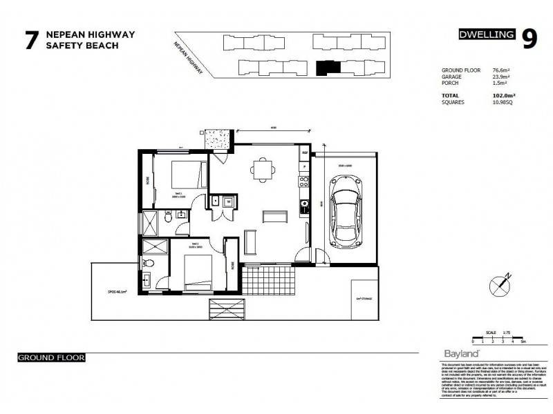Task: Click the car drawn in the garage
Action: [x=345, y=211]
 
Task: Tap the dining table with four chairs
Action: [x=263, y=168]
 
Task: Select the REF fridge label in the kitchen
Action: [x=303, y=153]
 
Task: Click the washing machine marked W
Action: [x=228, y=201]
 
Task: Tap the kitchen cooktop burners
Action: [x=302, y=183]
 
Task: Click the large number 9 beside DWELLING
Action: [x=529, y=39]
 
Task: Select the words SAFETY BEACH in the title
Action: [x=82, y=46]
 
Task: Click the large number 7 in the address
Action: [x=30, y=40]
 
